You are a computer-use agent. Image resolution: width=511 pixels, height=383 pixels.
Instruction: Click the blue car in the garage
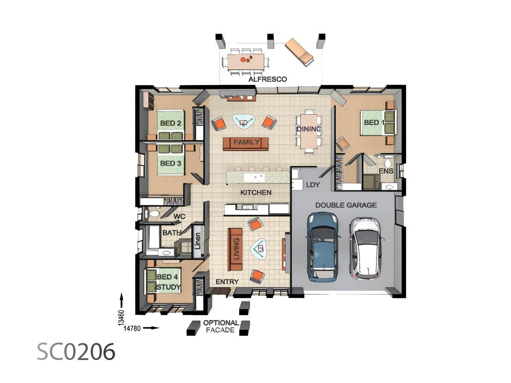coord(324,247)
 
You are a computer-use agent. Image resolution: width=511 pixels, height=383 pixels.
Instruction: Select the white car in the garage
coord(365,248)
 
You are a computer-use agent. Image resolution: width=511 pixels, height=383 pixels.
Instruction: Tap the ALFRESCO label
coord(268,79)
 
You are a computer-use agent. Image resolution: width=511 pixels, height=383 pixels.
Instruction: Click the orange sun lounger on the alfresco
coord(299,51)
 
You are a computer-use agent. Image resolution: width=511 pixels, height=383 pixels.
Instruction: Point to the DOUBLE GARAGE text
coord(346,205)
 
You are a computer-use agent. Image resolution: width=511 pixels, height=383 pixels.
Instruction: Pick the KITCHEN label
coord(255,192)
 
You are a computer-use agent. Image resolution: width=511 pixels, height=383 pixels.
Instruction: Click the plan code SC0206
coord(76,352)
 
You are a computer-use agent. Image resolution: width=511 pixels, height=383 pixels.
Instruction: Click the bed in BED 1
coord(378,123)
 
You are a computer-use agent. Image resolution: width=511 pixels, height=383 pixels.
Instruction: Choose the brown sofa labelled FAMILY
coord(246,143)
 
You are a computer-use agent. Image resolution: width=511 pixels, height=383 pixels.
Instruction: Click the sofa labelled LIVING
coord(235,249)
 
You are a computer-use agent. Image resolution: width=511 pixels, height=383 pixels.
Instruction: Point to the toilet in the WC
coord(154,214)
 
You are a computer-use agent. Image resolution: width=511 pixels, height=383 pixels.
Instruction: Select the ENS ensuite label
coord(386,171)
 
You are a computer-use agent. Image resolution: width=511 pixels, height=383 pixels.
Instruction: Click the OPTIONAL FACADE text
coord(221,326)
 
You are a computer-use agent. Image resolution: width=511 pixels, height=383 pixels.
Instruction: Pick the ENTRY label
coord(227,282)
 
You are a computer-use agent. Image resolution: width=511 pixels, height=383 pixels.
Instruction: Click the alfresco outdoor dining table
coord(245,62)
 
